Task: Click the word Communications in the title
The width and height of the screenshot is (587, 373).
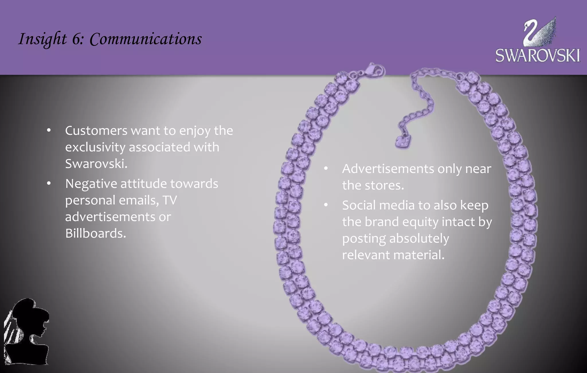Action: pos(146,39)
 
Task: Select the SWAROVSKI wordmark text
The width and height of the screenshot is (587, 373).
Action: pos(538,56)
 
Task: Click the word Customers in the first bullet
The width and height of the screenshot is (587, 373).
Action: pos(96,131)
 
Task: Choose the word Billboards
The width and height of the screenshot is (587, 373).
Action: pos(95,233)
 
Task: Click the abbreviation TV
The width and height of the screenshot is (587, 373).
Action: pos(170,200)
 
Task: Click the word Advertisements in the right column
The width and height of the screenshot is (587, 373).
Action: pos(388,169)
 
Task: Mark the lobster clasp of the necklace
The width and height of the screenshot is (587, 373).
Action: pos(374,70)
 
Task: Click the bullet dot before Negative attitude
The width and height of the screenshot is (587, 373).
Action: pos(49,183)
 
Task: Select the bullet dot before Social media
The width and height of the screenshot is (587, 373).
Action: pos(326,205)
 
